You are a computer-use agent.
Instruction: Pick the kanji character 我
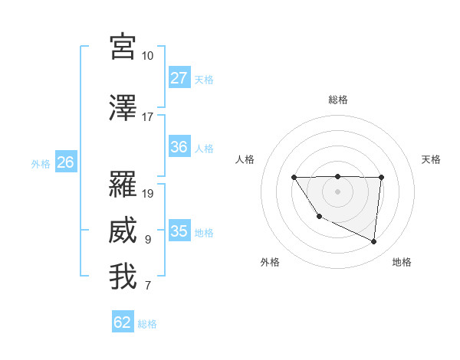pos(123,277)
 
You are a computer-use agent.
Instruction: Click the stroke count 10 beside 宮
pos(148,56)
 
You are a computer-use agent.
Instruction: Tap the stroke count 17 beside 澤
pos(148,117)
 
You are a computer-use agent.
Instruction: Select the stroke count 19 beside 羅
pos(148,193)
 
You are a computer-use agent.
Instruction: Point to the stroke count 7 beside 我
pos(148,286)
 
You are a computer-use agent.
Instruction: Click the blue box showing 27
pos(179,78)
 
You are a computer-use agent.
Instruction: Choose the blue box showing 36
pos(179,147)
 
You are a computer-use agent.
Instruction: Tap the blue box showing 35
pos(179,231)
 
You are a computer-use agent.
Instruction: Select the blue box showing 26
pos(65,162)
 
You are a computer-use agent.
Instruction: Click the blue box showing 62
pos(123,322)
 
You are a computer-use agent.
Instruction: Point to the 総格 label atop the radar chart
pos(338,100)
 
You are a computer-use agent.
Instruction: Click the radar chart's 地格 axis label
pos(402,262)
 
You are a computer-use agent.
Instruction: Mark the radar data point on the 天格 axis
pos(381,178)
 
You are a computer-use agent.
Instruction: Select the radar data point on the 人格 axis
pos(294,178)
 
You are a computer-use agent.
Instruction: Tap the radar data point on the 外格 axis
pos(319,218)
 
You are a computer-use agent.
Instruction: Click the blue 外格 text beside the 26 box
pos(41,163)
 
